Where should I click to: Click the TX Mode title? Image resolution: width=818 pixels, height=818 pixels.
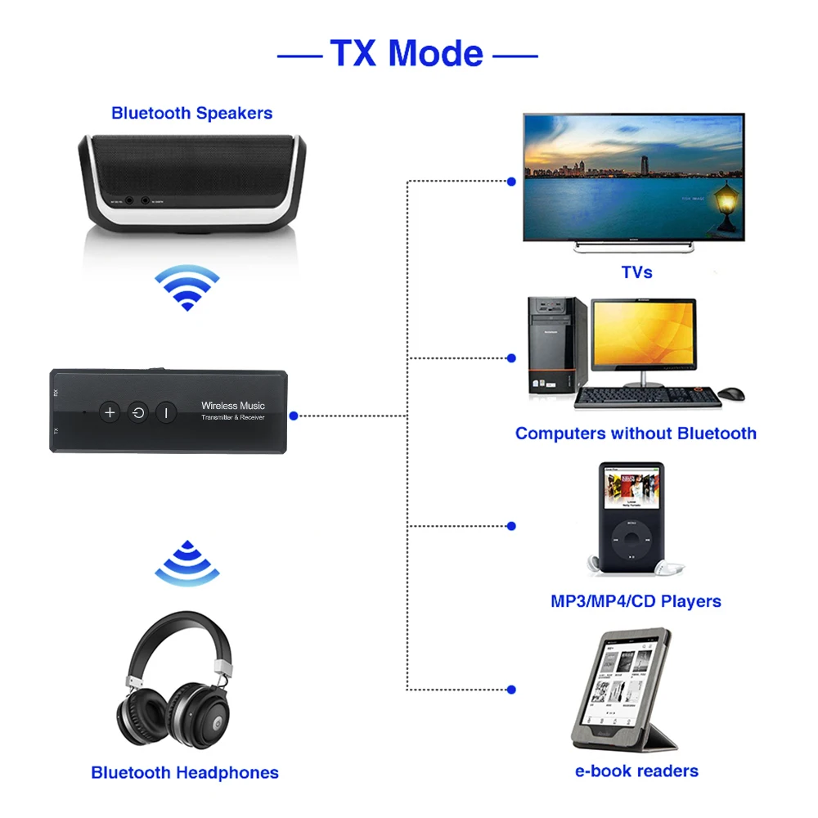(x=407, y=53)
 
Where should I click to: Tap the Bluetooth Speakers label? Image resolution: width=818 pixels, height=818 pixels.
(x=192, y=113)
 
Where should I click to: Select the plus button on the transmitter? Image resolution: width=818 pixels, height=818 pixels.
(x=110, y=412)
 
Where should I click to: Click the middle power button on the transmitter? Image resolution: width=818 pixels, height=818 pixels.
(x=138, y=412)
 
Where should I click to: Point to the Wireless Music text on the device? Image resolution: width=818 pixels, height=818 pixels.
(x=233, y=406)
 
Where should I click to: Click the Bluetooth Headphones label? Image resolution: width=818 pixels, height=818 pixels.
(x=185, y=772)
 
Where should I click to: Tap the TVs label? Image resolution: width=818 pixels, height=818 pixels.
(x=636, y=272)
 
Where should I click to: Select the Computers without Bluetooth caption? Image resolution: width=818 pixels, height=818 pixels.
(x=636, y=434)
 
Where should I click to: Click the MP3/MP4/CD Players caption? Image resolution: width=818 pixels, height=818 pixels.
(x=636, y=601)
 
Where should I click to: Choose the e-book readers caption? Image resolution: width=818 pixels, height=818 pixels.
(x=636, y=771)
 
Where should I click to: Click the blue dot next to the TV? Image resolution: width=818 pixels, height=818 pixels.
(x=511, y=181)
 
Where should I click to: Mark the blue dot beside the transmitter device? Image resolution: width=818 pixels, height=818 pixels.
(x=294, y=416)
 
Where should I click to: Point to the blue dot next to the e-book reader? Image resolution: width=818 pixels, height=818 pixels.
(x=511, y=690)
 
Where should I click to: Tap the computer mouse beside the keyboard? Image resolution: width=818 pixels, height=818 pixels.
(x=733, y=393)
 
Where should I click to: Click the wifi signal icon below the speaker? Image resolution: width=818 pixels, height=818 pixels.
(x=187, y=288)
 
